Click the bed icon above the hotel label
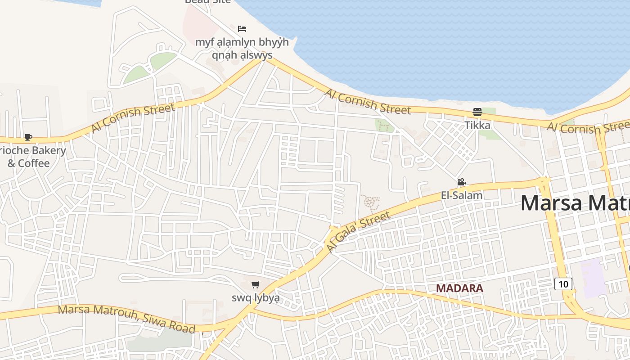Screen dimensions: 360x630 click(x=242, y=29)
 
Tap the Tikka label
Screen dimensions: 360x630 click(x=477, y=125)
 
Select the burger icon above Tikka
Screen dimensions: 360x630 click(x=477, y=112)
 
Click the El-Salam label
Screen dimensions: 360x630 click(x=461, y=195)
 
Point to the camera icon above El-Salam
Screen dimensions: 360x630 click(x=461, y=182)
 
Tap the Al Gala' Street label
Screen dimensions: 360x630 click(x=358, y=232)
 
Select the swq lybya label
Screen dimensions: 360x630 click(x=256, y=298)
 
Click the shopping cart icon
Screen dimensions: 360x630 click(x=256, y=284)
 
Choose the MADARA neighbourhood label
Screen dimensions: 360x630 click(x=459, y=288)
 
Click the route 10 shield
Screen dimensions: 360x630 click(x=563, y=284)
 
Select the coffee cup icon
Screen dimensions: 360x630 click(x=28, y=138)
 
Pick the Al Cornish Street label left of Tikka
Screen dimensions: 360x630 click(x=368, y=101)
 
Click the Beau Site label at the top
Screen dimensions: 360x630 click(x=208, y=2)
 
